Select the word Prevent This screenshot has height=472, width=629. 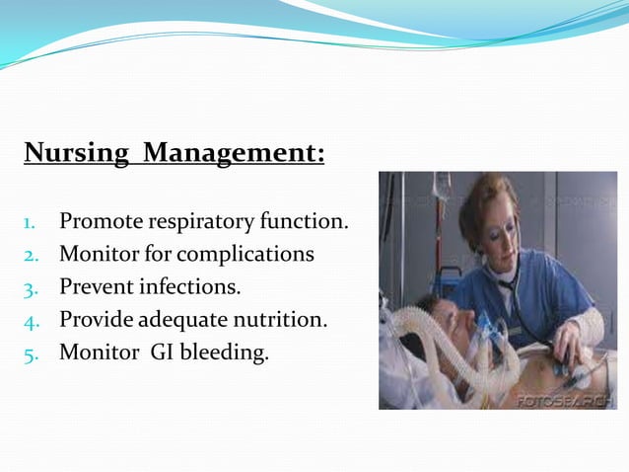[95, 286]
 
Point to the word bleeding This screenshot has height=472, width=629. [226, 352]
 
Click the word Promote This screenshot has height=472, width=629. [96, 221]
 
